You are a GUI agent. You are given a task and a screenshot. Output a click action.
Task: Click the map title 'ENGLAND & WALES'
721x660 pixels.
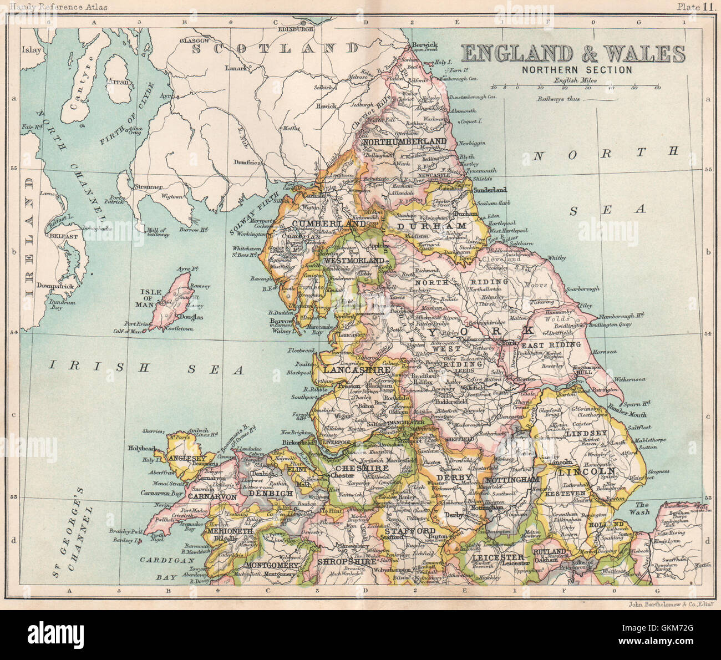[x=573, y=54]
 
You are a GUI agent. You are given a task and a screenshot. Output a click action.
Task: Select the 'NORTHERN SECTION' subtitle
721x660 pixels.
[x=576, y=70]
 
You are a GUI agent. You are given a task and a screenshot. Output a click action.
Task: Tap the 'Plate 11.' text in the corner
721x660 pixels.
[x=698, y=7]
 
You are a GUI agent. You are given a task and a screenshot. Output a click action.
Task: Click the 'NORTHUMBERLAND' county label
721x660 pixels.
[x=404, y=142]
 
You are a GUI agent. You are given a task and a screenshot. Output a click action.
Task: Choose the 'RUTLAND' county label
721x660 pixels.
[x=549, y=552]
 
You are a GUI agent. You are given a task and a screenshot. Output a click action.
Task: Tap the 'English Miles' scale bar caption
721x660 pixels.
[x=573, y=80]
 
